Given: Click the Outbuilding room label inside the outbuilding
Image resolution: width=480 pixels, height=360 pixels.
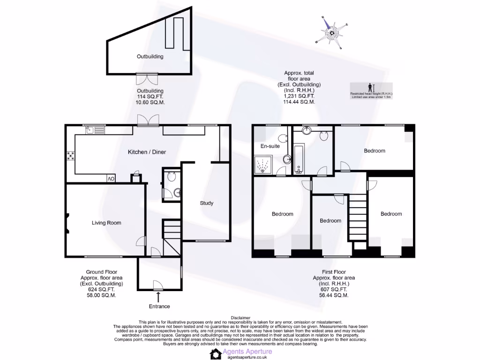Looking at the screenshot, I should coord(150,57).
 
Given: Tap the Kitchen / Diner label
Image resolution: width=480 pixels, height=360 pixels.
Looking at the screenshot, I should coord(147,152).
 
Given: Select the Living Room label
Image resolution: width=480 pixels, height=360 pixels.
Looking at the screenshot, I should coord(106,223).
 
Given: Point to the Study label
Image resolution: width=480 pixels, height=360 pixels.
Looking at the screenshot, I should coord(207,203).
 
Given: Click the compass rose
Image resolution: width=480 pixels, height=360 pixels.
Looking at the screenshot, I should coord(332,32).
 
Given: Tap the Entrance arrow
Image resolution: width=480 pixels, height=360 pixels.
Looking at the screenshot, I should coord(158,297).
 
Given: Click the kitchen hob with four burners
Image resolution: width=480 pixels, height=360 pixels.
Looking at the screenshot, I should coord(71,156).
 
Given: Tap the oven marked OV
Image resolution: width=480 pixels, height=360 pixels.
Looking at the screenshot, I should coord(111,179).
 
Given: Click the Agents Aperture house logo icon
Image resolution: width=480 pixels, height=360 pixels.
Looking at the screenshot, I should coord(216,354).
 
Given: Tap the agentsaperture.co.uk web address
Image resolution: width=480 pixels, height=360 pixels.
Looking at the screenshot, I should coord(247,357).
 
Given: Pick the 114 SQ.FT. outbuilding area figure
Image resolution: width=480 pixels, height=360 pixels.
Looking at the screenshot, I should coord(150,97).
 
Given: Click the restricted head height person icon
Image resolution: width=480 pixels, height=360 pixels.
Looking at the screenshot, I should coord(370,87).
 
